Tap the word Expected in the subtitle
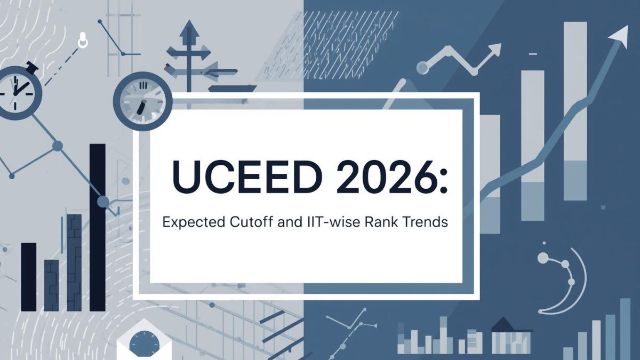coord(194,222)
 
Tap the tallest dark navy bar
coord(98,227)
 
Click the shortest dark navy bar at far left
coord(29,277)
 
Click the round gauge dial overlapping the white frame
coord(143,101)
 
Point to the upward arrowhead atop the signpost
coord(189,28)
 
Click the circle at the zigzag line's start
coord(422,68)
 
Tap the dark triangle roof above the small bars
coord(503,324)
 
